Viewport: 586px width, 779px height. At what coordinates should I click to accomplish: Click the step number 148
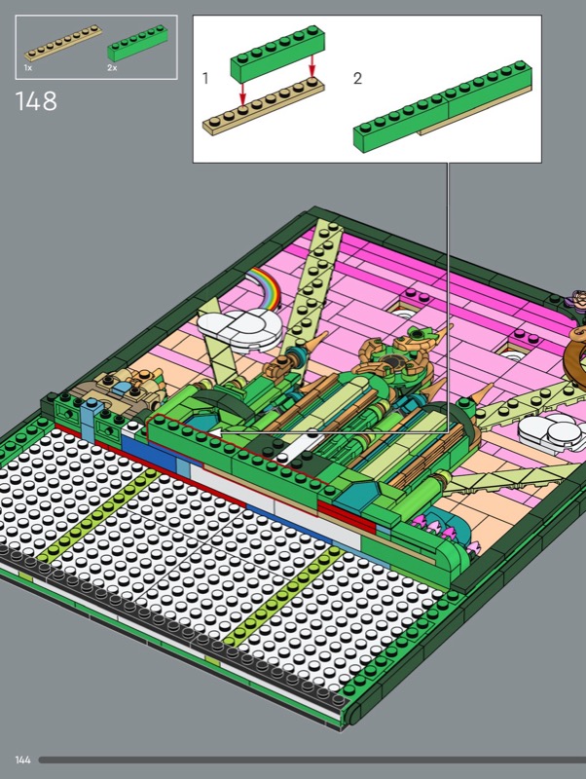point(36,101)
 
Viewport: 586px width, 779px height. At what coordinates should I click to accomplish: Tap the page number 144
point(22,760)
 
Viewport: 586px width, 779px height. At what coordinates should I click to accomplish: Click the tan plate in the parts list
point(63,43)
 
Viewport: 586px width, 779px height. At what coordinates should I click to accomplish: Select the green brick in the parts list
point(137,43)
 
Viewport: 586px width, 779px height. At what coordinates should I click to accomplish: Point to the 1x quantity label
point(28,67)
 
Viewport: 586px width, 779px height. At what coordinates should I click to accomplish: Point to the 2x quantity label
point(112,67)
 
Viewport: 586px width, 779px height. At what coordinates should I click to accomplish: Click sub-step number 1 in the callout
point(205,79)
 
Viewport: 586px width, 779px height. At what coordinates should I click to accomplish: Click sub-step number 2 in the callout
point(357,79)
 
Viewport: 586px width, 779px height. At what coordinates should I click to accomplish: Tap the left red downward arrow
point(242,92)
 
